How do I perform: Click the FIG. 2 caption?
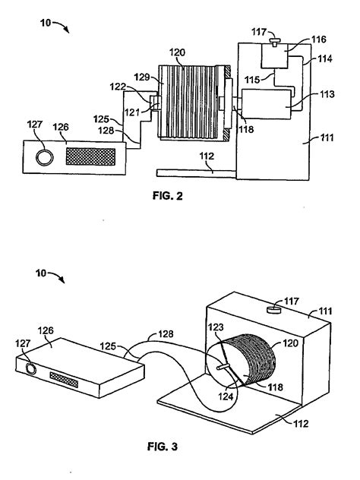point(167,196)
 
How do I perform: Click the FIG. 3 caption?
point(163,447)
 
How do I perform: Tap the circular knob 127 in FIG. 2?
point(44,157)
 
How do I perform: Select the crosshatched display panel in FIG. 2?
point(90,156)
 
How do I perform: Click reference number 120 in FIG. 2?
point(177,52)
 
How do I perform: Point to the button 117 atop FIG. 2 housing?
point(275,41)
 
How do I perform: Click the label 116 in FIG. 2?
point(319,39)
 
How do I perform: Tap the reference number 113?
point(327,93)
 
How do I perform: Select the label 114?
point(325,58)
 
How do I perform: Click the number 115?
point(252,80)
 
